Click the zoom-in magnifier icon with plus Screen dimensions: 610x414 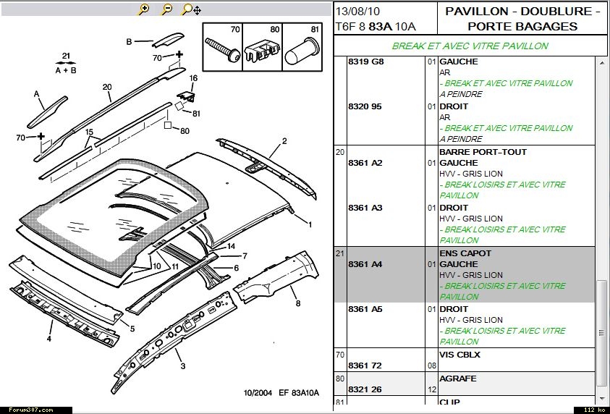[143, 9]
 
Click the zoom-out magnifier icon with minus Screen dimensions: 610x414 [167, 9]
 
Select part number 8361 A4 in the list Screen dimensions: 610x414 [365, 264]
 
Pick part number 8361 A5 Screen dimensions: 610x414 [365, 309]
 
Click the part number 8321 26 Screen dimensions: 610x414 [365, 389]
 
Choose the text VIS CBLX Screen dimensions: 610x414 [459, 355]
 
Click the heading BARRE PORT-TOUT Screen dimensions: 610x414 [483, 152]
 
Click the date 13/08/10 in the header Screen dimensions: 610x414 [357, 12]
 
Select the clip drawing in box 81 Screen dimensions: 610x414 [302, 51]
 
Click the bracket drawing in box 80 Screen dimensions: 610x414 [262, 49]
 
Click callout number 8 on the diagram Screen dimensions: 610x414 [298, 303]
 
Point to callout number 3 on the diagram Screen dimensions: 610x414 [183, 366]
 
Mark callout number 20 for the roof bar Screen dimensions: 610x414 [107, 87]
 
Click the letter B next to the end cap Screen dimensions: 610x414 [129, 42]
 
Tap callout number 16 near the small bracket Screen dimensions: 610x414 [193, 78]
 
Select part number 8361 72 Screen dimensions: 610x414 [365, 366]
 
